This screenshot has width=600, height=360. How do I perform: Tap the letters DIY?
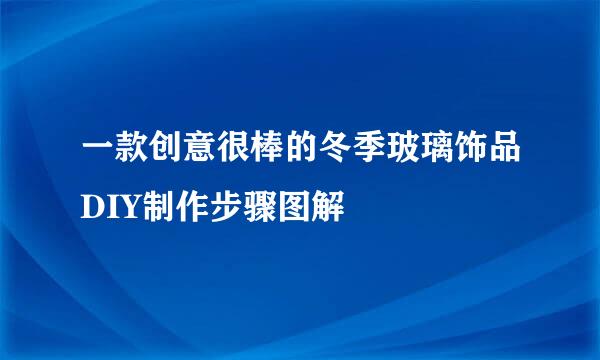(x=112, y=207)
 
